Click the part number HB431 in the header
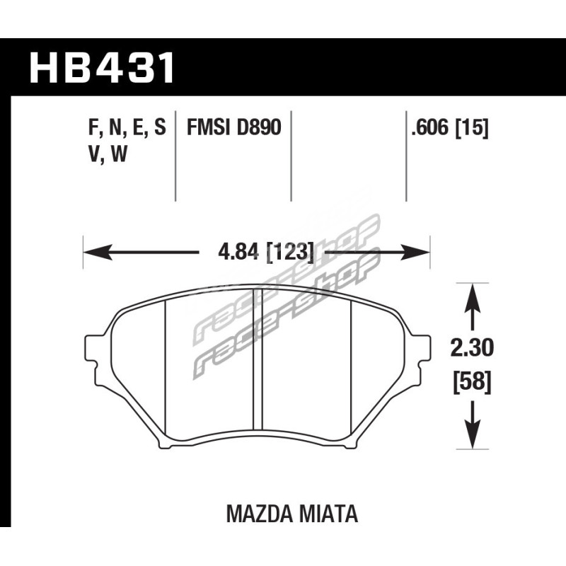102,67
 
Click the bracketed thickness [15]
472,128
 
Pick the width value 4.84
238,252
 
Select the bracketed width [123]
290,252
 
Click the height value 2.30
472,348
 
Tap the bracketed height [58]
472,382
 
